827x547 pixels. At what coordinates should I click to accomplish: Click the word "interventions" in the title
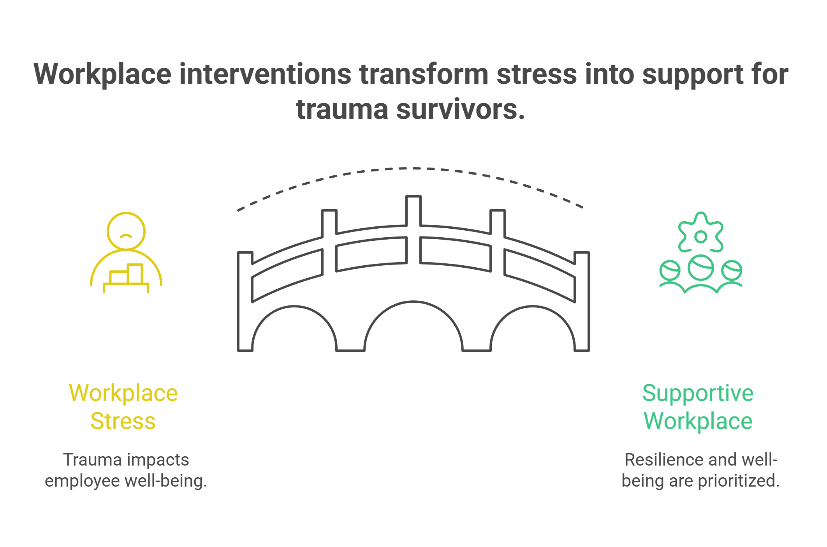(265, 74)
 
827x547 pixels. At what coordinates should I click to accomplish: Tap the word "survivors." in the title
(461, 109)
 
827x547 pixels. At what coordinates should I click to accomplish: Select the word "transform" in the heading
(424, 74)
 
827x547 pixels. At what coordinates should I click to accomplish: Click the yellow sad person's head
(126, 231)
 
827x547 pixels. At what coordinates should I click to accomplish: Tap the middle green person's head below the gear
(700, 268)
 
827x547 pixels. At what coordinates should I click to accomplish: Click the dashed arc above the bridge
(413, 169)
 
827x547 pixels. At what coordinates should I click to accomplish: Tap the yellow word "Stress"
(123, 422)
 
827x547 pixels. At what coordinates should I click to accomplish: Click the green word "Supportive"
(698, 393)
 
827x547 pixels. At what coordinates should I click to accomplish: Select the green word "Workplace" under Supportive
(698, 422)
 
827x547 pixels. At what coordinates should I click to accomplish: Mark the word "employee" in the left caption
(82, 481)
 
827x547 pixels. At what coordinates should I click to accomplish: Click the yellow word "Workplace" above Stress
(123, 393)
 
